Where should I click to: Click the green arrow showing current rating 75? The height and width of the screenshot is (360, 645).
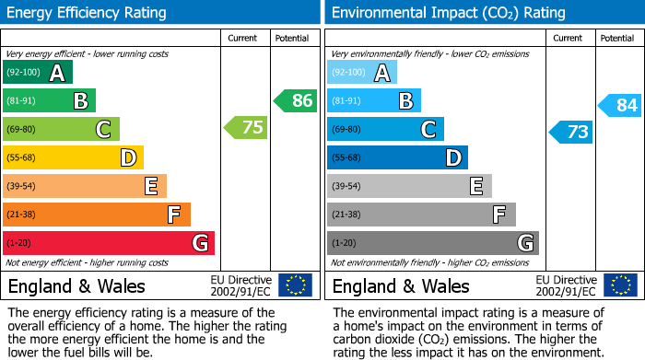tap(246, 128)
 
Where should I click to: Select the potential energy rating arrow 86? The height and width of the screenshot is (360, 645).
tap(296, 100)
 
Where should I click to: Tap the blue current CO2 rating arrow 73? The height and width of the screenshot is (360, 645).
tap(571, 132)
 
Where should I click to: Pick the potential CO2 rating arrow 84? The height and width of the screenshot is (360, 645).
tap(620, 105)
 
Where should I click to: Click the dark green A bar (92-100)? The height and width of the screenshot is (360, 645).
tap(38, 73)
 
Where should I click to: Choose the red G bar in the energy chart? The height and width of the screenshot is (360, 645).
tap(109, 243)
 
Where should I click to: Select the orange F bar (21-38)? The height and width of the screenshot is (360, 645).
tap(97, 215)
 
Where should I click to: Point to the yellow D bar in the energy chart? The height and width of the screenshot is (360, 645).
tap(73, 157)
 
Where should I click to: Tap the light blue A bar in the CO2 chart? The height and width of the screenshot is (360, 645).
tap(362, 73)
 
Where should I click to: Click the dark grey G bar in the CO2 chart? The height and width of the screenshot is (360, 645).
tap(432, 243)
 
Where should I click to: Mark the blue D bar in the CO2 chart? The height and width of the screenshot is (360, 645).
tap(397, 157)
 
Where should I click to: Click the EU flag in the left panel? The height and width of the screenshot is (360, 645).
tap(295, 285)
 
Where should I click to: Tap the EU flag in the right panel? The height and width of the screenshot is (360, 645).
tap(620, 285)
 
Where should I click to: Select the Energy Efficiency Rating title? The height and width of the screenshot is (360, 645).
tap(88, 13)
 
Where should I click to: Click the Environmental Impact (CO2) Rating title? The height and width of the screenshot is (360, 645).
tap(448, 13)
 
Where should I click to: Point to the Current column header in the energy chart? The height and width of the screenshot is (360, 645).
tap(244, 38)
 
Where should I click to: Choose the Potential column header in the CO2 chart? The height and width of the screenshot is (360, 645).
tap(617, 38)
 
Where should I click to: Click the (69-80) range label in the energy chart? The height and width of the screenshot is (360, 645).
tap(22, 129)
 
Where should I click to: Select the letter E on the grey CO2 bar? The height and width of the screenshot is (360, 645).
tap(475, 186)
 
